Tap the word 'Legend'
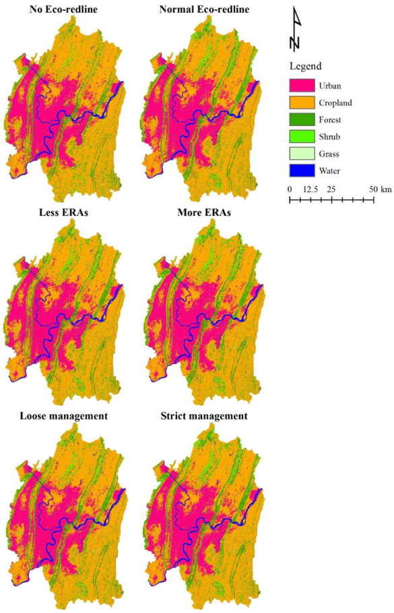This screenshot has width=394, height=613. pyautogui.click(x=305, y=67)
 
